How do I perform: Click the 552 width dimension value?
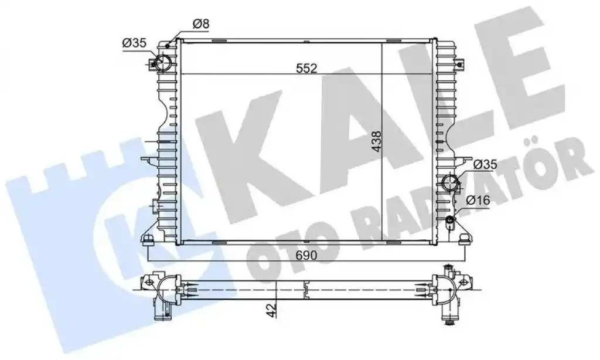(x=307, y=68)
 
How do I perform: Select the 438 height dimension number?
(x=377, y=142)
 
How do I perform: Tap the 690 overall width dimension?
(x=306, y=254)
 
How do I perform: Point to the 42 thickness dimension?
(x=271, y=310)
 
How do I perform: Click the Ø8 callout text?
(x=201, y=24)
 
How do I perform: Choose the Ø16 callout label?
(x=478, y=199)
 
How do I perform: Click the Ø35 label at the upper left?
(x=134, y=43)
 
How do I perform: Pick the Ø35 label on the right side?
(x=485, y=165)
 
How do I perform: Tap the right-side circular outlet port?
(x=450, y=183)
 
